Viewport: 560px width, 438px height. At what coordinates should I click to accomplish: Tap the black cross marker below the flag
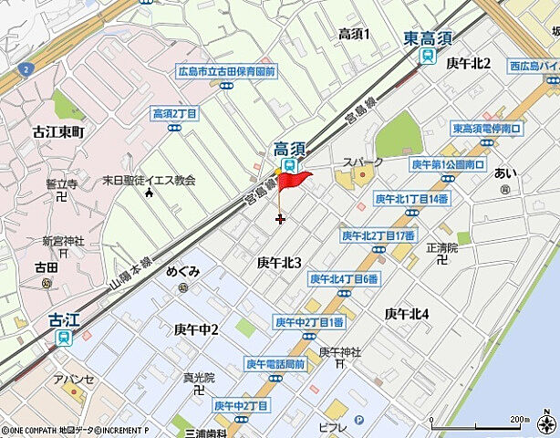pyautogui.click(x=279, y=218)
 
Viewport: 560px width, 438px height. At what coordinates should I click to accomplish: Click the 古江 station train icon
pyautogui.click(x=63, y=338)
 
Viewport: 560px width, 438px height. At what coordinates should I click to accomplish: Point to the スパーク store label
pyautogui.click(x=362, y=162)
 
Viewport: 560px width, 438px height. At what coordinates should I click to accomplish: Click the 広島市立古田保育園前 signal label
pyautogui.click(x=226, y=70)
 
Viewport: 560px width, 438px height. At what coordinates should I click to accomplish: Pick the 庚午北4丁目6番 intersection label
pyautogui.click(x=344, y=279)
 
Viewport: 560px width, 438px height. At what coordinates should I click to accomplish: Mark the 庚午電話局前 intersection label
pyautogui.click(x=275, y=363)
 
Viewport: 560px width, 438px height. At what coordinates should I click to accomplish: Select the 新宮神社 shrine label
pyautogui.click(x=63, y=242)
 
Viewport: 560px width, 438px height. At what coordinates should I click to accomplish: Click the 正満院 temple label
pyautogui.click(x=441, y=247)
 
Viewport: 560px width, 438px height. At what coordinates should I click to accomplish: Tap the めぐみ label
pyautogui.click(x=182, y=272)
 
